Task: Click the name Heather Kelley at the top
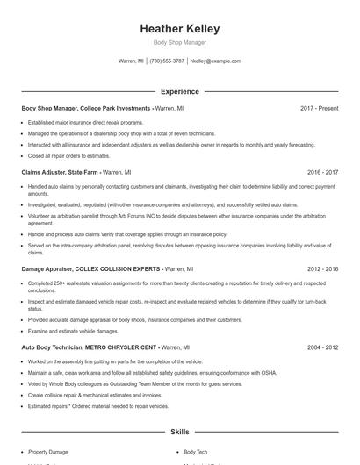coord(179,29)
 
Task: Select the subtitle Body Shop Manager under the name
coord(179,42)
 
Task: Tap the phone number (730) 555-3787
coord(167,61)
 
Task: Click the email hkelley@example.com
coord(215,61)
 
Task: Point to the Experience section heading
coord(179,91)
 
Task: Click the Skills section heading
coord(179,432)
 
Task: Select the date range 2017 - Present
coord(319,108)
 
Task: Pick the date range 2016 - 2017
coord(321,173)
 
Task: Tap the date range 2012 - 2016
coord(321,269)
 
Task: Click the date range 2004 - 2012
coord(321,347)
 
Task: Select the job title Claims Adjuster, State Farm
coord(60,173)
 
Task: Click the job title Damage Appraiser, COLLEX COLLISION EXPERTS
coord(90,269)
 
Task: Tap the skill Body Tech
coord(195,452)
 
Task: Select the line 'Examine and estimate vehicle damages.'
coord(72,332)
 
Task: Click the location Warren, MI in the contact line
coord(131,61)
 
